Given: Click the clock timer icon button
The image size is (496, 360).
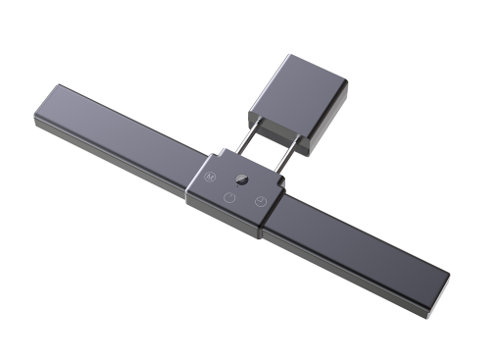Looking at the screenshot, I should click(x=260, y=202).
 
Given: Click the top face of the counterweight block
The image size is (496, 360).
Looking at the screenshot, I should click(x=303, y=89).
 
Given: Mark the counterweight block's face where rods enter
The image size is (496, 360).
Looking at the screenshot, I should click(x=280, y=125).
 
